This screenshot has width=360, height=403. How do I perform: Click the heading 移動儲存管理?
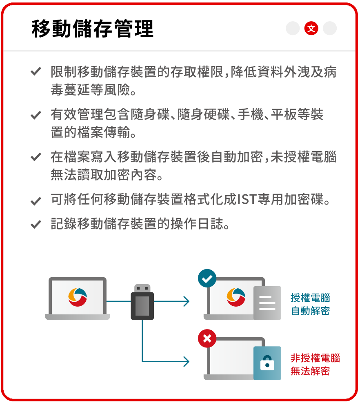93,29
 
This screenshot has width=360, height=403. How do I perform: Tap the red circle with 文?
311,28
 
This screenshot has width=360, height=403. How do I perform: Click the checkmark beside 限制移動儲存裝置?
36,71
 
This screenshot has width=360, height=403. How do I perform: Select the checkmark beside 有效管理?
36,115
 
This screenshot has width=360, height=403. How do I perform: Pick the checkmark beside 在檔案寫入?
36,157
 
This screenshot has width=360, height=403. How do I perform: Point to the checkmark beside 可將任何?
36,201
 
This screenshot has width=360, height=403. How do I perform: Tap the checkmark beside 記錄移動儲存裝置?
36,225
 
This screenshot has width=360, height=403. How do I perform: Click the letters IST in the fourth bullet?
247,199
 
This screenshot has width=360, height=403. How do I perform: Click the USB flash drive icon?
142,302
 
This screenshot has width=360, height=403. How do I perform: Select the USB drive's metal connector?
142,288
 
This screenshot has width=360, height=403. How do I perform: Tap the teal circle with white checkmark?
207,278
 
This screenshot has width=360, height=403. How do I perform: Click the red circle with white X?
207,338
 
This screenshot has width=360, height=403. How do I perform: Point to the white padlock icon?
267,363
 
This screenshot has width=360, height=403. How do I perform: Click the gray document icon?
267,303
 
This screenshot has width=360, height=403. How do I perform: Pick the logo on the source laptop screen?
78,297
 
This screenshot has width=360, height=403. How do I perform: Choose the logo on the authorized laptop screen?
236,297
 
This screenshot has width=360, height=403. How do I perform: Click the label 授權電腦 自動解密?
310,304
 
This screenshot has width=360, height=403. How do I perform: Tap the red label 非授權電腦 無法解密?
315,365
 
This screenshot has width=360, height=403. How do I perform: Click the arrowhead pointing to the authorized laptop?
186,301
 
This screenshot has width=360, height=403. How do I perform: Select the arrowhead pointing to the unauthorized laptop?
186,361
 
